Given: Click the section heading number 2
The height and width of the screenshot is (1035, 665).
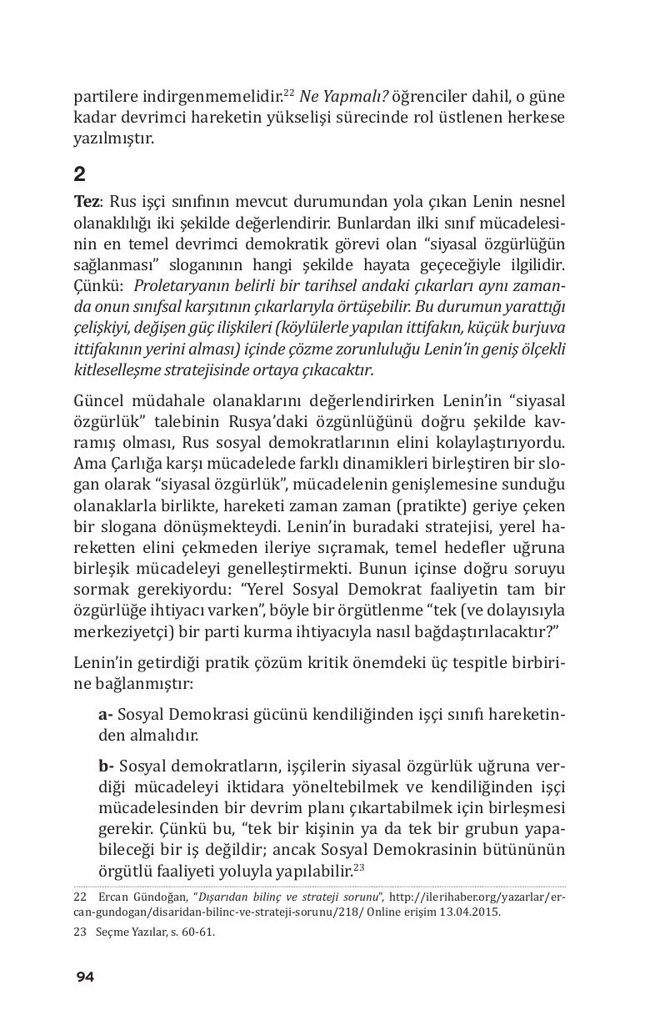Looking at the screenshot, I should (x=79, y=173).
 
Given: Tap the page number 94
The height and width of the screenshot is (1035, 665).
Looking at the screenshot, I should (x=84, y=977).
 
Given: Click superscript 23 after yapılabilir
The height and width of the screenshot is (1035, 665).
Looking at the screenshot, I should (x=359, y=867).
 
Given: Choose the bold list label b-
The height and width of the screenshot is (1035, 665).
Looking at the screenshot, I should (x=106, y=766).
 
